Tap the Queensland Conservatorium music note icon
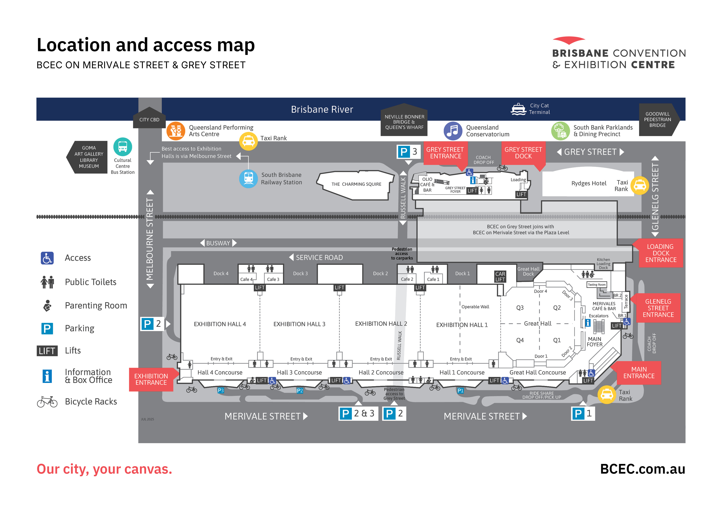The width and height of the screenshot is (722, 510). (453, 131)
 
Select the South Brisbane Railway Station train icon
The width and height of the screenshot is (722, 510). (248, 178)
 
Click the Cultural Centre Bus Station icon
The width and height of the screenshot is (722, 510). (123, 147)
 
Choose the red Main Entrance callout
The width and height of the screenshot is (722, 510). (639, 373)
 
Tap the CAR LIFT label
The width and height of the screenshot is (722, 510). (500, 277)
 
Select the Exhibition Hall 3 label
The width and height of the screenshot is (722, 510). (299, 324)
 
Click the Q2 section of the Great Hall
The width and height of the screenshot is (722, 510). (557, 308)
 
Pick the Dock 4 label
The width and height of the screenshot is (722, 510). (221, 273)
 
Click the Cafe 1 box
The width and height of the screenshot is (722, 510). (433, 279)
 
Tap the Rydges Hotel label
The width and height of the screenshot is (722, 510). (589, 183)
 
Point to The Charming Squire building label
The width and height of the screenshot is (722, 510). (356, 184)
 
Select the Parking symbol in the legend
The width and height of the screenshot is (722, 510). (47, 328)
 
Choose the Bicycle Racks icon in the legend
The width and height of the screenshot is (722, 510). (47, 402)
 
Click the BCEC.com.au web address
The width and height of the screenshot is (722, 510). (642, 469)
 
